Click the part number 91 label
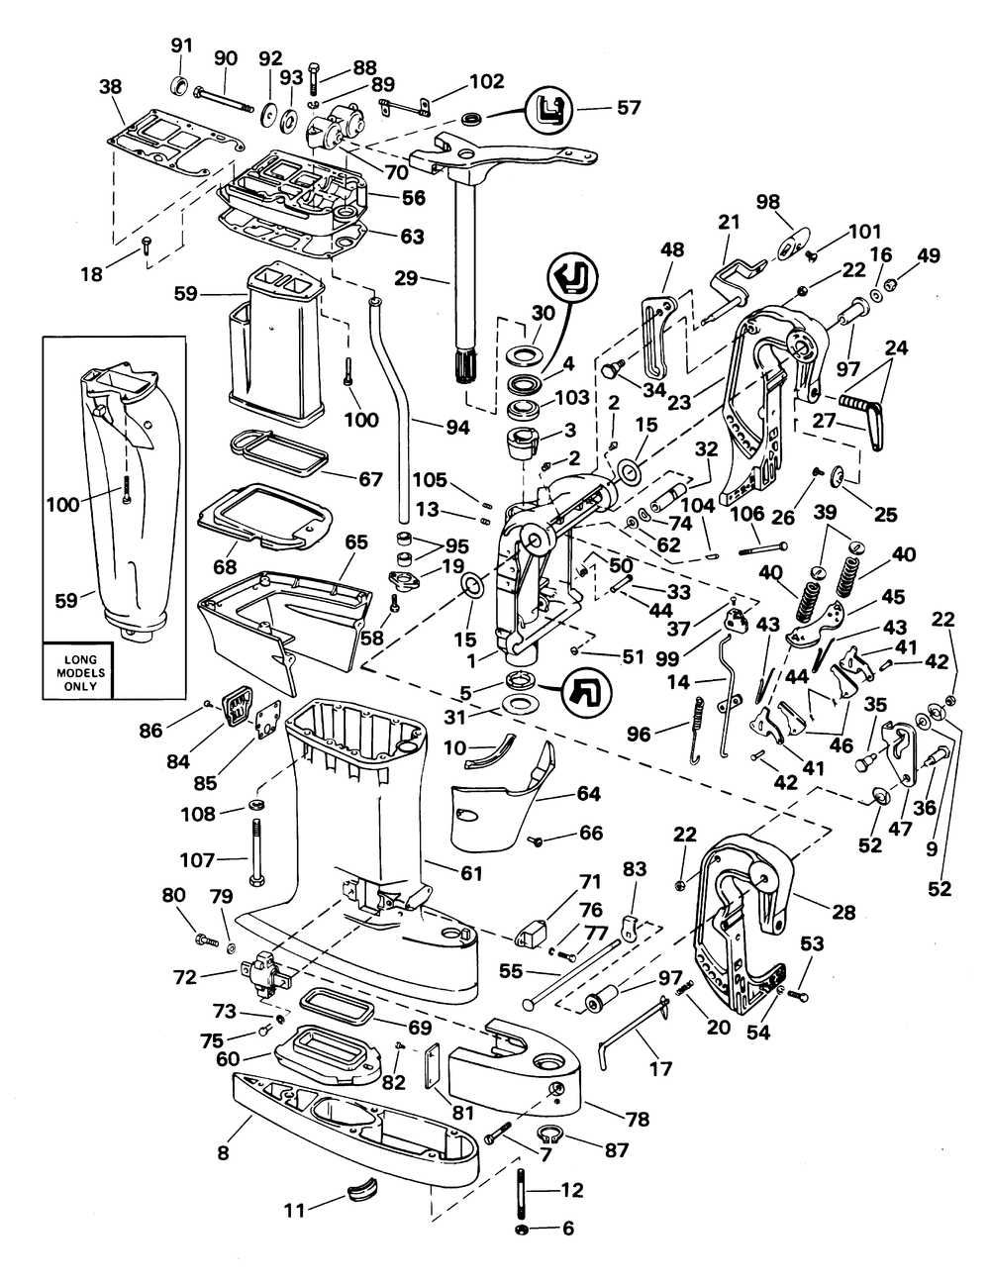(x=181, y=46)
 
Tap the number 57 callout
(x=628, y=108)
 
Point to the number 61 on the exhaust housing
(x=471, y=872)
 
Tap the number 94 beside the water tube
(x=457, y=428)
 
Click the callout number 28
(x=843, y=913)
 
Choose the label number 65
(x=356, y=542)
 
